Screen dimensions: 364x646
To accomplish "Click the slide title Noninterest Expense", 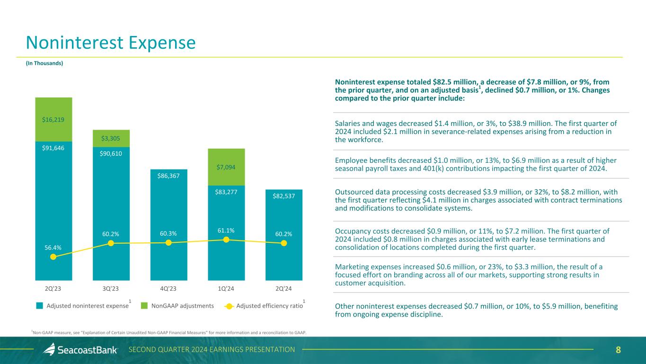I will [110, 43].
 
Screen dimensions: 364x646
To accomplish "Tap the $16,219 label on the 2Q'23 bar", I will [53, 119].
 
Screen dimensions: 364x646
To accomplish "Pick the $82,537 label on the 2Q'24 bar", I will [284, 195].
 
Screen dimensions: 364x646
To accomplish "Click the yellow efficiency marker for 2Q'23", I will [53, 257].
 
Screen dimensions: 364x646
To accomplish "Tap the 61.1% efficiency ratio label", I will [226, 230].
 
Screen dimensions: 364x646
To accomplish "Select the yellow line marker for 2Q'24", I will [284, 243].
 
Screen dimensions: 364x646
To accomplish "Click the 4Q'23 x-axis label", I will [168, 288].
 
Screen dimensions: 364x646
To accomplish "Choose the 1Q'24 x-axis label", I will [226, 288].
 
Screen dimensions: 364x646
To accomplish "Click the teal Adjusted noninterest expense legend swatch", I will [40, 306].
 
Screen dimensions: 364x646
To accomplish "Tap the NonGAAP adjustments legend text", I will [183, 306].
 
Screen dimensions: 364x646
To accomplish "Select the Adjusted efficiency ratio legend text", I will [269, 306].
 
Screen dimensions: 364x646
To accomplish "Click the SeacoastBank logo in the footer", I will [80, 350].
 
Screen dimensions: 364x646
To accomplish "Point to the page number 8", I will [618, 350].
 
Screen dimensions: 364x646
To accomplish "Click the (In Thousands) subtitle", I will [44, 63].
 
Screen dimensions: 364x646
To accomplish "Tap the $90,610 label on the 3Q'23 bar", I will [111, 154].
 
